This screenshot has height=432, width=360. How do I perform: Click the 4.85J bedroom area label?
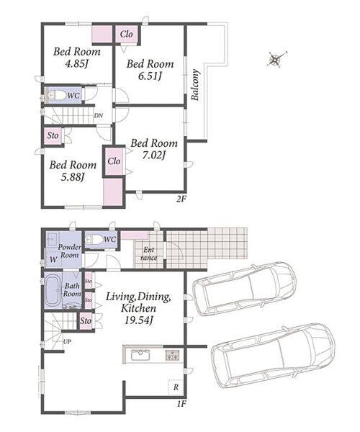(x=77, y=64)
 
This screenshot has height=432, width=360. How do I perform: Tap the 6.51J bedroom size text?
(x=150, y=76)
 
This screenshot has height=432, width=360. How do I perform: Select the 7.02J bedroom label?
(x=153, y=156)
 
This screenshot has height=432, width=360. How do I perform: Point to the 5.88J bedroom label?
(x=73, y=177)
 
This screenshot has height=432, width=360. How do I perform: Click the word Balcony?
(x=195, y=85)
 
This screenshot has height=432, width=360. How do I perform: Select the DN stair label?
(x=99, y=115)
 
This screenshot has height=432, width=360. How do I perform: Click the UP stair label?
(x=67, y=341)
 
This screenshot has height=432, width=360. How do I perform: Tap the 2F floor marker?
(x=181, y=199)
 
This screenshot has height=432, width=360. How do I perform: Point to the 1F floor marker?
(x=181, y=404)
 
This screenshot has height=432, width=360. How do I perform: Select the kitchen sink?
(x=140, y=355)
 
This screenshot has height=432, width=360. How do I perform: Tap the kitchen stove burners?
(x=172, y=355)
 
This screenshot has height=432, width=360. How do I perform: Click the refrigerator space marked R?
(x=176, y=387)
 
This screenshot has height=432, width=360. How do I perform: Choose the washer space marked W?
(x=53, y=259)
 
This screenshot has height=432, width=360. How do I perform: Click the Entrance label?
(x=149, y=253)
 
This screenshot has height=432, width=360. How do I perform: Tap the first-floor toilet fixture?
(x=94, y=239)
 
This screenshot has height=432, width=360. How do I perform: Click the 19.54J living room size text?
(x=138, y=320)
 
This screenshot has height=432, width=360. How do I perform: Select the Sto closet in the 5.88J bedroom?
(x=53, y=135)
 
